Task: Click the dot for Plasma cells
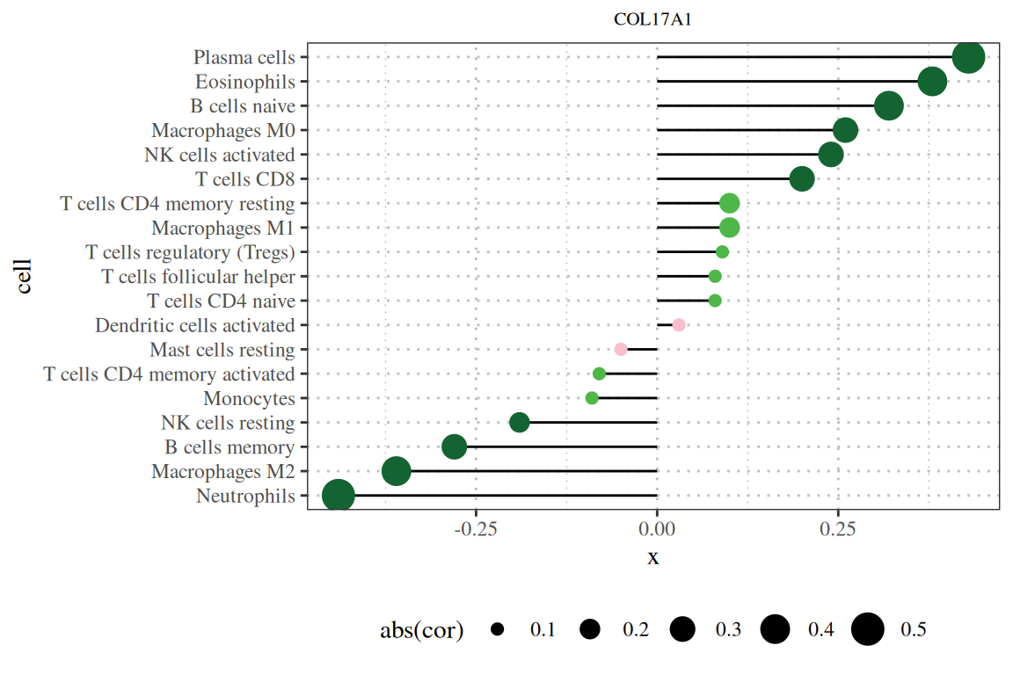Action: (968, 58)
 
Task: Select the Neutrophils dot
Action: (339, 496)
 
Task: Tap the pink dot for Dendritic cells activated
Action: (679, 325)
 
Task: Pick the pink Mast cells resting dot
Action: (621, 349)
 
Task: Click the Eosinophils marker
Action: (932, 82)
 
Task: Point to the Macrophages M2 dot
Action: (397, 471)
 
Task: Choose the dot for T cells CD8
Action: (802, 179)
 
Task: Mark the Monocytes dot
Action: (592, 398)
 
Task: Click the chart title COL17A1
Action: (652, 19)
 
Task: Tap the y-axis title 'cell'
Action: (24, 275)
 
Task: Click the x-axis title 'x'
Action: (652, 557)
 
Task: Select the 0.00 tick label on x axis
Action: (657, 529)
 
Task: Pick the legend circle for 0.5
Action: (868, 629)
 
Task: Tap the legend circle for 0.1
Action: (498, 629)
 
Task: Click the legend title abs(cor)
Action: (421, 630)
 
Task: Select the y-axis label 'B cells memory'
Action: (229, 447)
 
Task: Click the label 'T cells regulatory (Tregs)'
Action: (190, 252)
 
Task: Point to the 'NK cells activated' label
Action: (219, 155)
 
